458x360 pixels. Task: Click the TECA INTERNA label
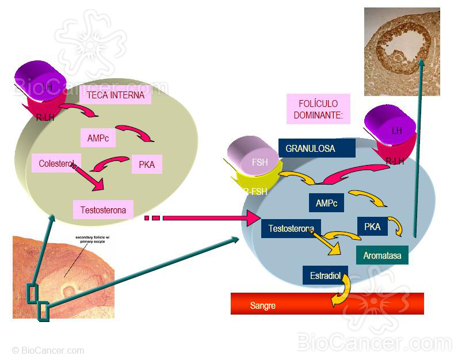pos(116,95)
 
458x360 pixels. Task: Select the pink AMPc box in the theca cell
pos(98,138)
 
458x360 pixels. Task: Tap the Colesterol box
pos(56,163)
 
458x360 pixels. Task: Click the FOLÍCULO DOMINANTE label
pos(318,109)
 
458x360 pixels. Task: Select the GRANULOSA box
pos(316,148)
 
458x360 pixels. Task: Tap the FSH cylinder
pos(253,159)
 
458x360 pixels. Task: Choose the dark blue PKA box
pos(372,227)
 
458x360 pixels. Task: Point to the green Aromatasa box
pos(382,255)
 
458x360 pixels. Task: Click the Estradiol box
pos(325,275)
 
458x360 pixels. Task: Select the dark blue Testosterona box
pos(291,228)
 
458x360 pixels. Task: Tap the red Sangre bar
pos(327,304)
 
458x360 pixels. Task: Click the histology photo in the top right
pos(402,52)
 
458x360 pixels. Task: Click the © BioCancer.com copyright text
pos(48,350)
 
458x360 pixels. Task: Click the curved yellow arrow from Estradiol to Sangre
pos(341,290)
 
